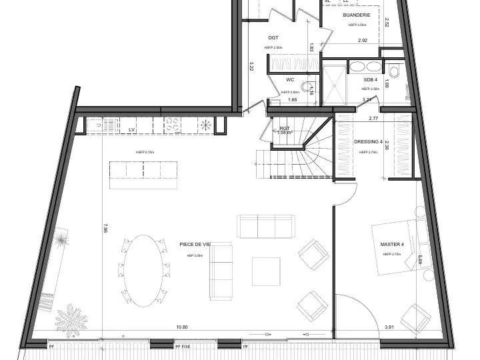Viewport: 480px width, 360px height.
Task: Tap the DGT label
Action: click(273, 38)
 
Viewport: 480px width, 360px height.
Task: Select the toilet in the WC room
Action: click(307, 87)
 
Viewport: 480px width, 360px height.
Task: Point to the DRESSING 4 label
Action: click(368, 142)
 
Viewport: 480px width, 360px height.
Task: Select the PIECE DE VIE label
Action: click(195, 245)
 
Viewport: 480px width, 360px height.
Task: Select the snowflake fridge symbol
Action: click(206, 124)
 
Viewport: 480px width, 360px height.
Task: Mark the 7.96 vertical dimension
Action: click(105, 229)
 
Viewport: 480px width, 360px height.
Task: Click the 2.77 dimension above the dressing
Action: click(373, 118)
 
